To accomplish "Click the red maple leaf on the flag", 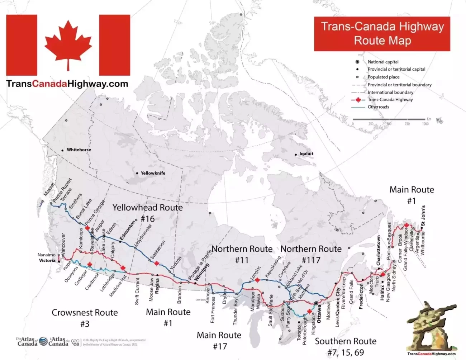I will (x=68, y=44).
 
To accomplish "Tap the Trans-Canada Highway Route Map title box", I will (x=382, y=33).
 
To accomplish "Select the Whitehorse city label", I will (x=79, y=150).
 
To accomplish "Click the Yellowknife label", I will (x=153, y=173).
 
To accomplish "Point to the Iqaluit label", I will (x=306, y=153).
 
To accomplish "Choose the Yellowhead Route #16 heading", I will (x=147, y=213).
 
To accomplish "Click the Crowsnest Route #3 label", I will (x=85, y=318).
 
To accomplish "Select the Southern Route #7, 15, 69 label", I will (x=346, y=346).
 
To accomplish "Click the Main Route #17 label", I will (x=219, y=340).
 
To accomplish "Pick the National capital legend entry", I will (x=383, y=62).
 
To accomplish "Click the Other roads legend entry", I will (x=378, y=107).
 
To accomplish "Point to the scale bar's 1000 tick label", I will (x=425, y=124).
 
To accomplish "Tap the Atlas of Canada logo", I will (x=27, y=341).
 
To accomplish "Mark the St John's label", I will (x=423, y=215).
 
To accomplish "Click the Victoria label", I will (x=47, y=260).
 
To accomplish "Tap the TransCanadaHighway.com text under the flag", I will (x=67, y=84).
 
